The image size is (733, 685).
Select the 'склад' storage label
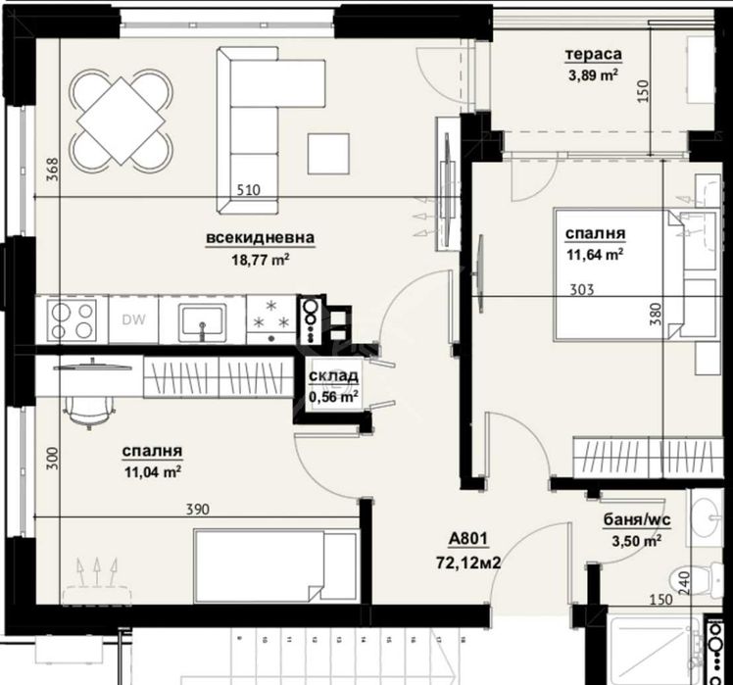[333, 377]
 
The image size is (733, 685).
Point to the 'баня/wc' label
[630, 521]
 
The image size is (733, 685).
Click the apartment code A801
[468, 538]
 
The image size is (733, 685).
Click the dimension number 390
[199, 510]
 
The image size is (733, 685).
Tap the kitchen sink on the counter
[202, 320]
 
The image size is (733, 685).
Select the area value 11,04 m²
[152, 471]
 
